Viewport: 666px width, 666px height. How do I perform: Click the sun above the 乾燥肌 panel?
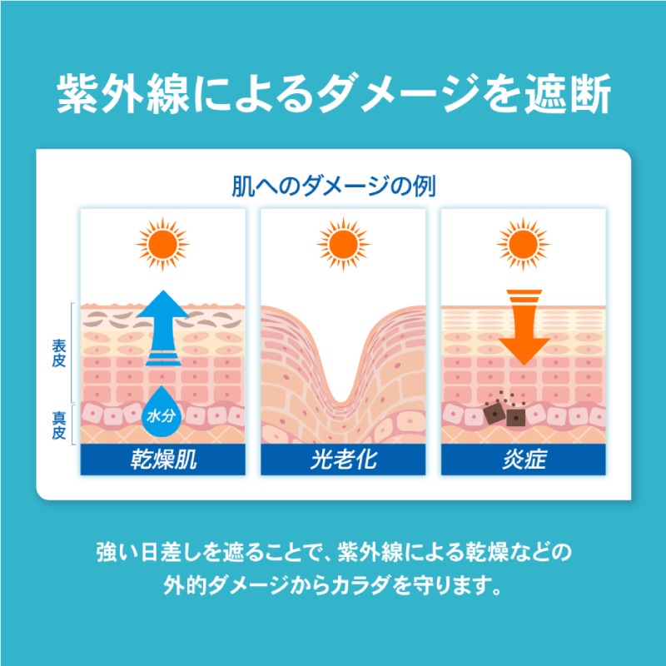pyautogui.click(x=162, y=244)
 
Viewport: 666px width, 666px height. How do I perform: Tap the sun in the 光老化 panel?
pyautogui.click(x=343, y=244)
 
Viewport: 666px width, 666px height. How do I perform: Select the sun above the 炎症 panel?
pyautogui.click(x=524, y=244)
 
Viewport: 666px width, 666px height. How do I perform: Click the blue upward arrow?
pyautogui.click(x=163, y=328)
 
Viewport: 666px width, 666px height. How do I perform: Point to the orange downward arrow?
pyautogui.click(x=524, y=327)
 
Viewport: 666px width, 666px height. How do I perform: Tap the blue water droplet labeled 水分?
pyautogui.click(x=161, y=412)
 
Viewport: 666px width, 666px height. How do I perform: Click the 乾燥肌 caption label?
pyautogui.click(x=163, y=460)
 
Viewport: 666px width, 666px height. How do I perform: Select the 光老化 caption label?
pyautogui.click(x=343, y=460)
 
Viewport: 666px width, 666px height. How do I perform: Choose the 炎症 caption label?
pyautogui.click(x=524, y=460)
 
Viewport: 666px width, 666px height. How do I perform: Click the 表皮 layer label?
pyautogui.click(x=59, y=353)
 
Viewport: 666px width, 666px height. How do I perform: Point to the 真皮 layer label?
pyautogui.click(x=59, y=425)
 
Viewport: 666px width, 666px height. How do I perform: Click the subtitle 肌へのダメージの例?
pyautogui.click(x=334, y=186)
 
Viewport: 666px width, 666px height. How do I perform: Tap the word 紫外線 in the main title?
pyautogui.click(x=123, y=94)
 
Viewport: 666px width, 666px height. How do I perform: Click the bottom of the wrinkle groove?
pyautogui.click(x=342, y=401)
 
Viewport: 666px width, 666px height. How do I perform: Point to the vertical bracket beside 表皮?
pyautogui.click(x=72, y=352)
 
